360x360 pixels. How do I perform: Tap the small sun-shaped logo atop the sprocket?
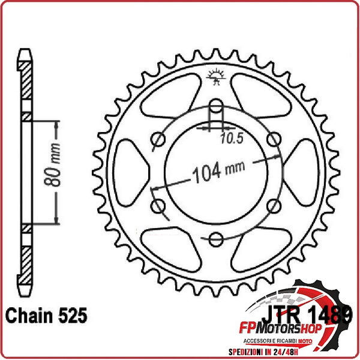(x=216, y=76)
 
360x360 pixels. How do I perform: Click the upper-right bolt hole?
(x=274, y=140)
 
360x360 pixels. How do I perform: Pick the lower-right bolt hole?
(x=274, y=206)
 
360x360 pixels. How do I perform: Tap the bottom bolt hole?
(x=216, y=240)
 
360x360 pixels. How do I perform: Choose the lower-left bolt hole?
(x=158, y=206)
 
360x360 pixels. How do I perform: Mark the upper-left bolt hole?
(x=158, y=140)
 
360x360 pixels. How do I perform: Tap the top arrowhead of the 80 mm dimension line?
(x=58, y=124)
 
